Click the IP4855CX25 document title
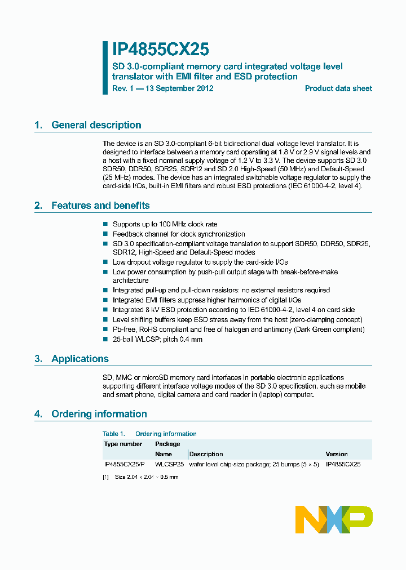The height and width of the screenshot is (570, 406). pos(156,50)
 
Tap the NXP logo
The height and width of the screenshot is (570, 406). pos(334,519)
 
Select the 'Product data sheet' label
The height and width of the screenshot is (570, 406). pos(338,88)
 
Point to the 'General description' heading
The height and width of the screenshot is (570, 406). pos(96,125)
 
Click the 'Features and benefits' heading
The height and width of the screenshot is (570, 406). pos(100,206)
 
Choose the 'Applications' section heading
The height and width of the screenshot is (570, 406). pos(80,359)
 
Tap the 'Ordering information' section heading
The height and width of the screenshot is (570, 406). pos(99,414)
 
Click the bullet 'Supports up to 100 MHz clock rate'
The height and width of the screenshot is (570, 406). pos(165,224)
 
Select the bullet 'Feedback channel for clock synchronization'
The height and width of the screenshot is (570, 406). pos(179,234)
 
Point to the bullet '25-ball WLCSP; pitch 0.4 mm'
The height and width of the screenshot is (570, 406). pos(157,339)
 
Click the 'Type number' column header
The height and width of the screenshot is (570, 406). pos(123,444)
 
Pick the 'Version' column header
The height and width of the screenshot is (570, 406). pos(337,454)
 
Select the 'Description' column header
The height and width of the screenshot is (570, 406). pos(206,454)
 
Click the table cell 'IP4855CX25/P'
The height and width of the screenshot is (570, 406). pos(124,465)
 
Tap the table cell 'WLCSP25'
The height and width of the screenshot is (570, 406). pos(170,465)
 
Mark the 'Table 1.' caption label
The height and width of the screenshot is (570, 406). pos(114,434)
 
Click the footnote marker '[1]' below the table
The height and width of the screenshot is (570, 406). pos(105,477)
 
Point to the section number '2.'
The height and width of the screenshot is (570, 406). pos(38,206)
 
